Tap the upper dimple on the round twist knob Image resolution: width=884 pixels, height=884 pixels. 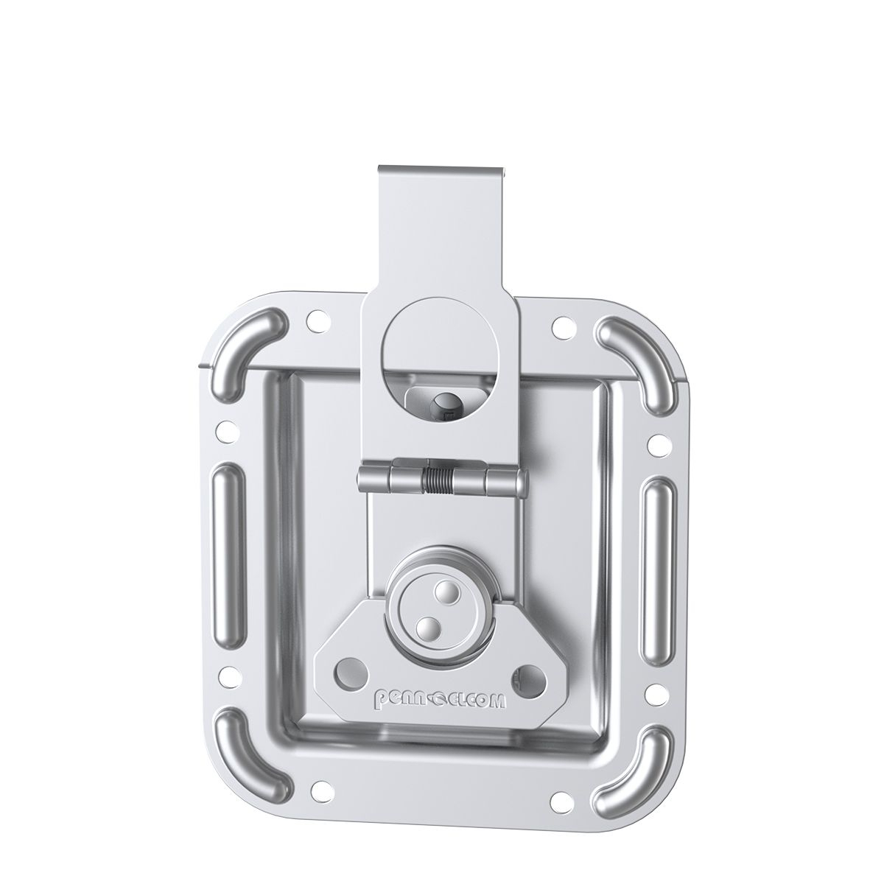point(443,592)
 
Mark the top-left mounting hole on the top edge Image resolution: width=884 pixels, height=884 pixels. point(318,322)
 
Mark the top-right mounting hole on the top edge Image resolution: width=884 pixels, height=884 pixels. point(562,322)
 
